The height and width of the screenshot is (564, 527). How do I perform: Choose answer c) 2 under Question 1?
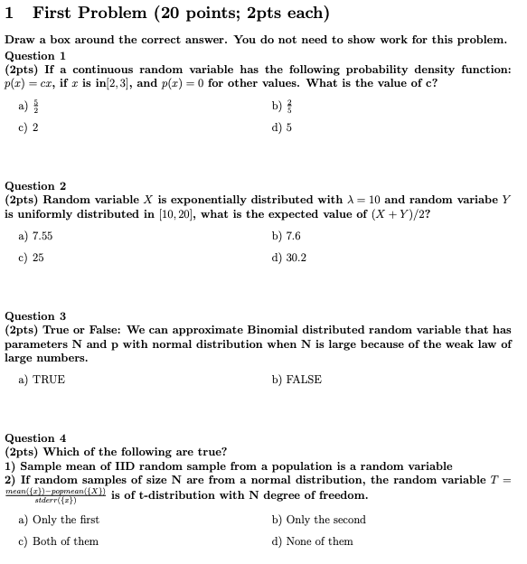click(x=29, y=127)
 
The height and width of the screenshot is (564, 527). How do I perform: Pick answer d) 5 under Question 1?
click(x=281, y=127)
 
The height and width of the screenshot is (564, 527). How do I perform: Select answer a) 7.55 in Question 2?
click(x=35, y=236)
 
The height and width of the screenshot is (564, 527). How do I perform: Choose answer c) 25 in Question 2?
click(x=31, y=258)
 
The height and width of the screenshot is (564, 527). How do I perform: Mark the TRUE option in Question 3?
click(x=42, y=380)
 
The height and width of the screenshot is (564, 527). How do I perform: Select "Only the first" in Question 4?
click(x=59, y=520)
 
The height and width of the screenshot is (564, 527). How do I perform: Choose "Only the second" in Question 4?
click(x=318, y=520)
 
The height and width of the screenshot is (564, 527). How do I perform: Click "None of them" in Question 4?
click(x=312, y=541)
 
